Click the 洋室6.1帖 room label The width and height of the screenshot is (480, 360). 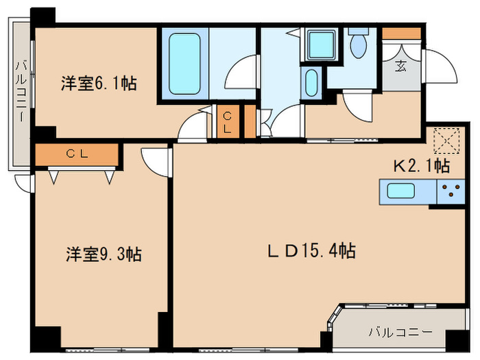(98, 84)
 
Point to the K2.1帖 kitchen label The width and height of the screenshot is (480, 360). (421, 165)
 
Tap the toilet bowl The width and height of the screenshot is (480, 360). (358, 45)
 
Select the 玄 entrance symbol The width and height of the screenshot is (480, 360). (400, 67)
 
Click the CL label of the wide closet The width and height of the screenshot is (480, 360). (76, 155)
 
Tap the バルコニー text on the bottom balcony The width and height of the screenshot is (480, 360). (400, 332)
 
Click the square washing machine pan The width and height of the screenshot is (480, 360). (320, 43)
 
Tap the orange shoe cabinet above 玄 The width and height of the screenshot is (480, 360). (400, 33)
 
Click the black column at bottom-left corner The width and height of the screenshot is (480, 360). (47, 338)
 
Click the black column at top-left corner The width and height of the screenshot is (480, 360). (43, 16)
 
